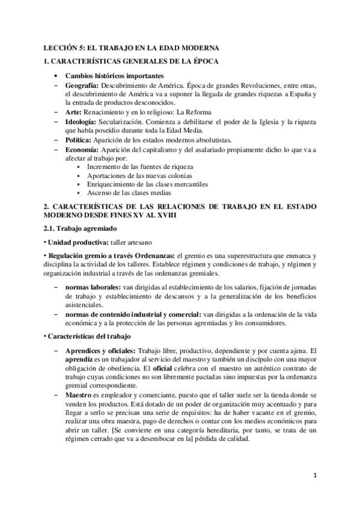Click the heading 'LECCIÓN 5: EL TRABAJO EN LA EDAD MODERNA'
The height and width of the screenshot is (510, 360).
pos(132,47)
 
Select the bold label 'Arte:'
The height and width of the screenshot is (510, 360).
pos(75,112)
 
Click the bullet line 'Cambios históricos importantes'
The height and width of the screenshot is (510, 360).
pos(114,76)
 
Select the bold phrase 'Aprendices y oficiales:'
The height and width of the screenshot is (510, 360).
pos(102,351)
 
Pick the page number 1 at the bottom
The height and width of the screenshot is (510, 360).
pos(314,475)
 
